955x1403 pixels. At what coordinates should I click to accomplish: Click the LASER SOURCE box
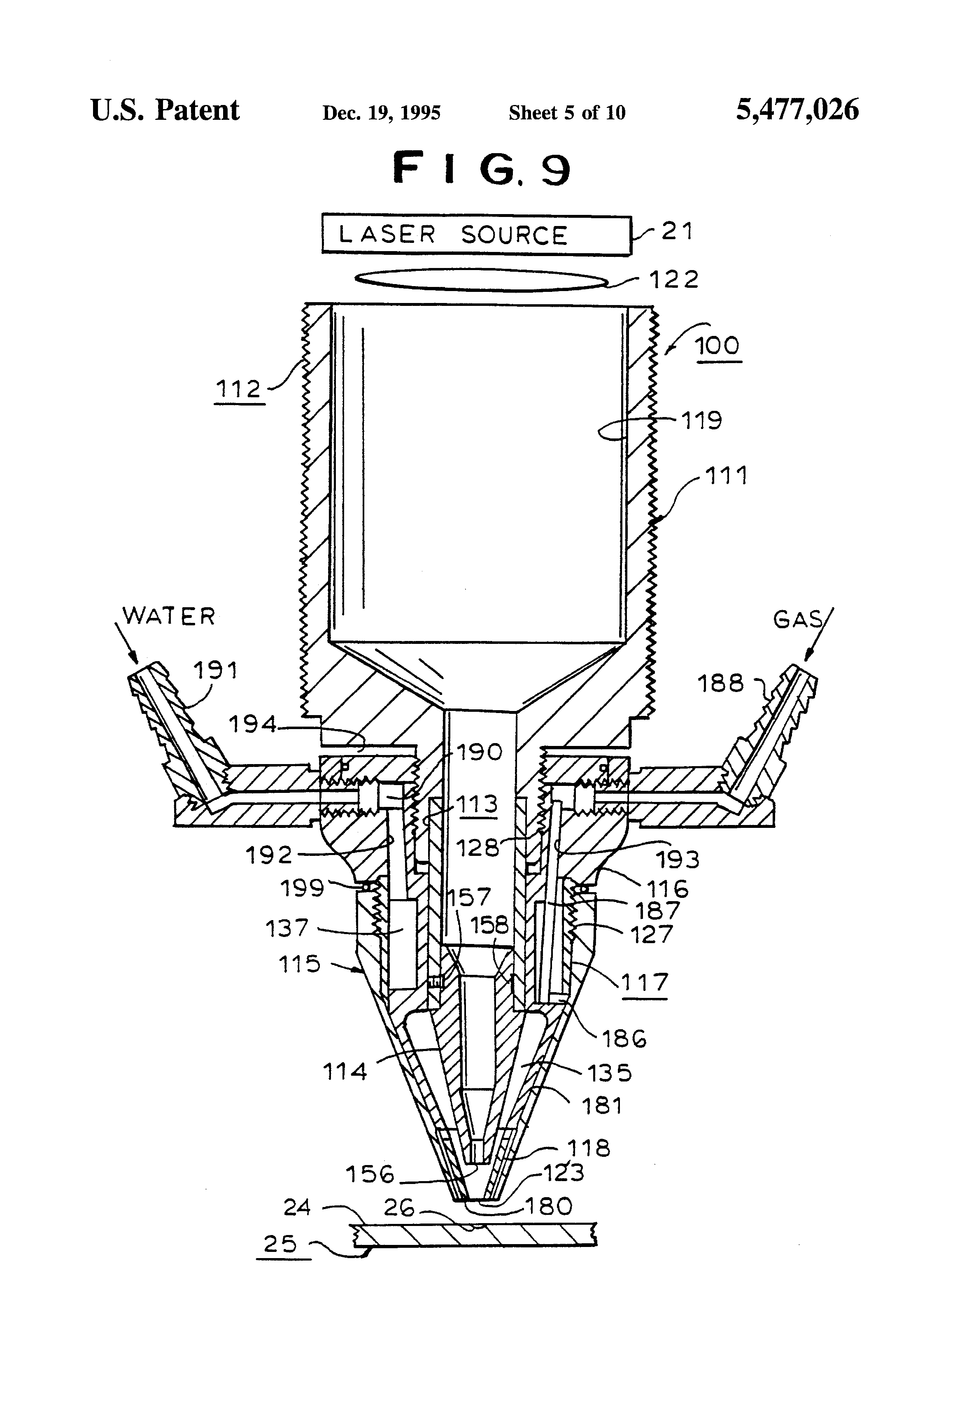pos(476,234)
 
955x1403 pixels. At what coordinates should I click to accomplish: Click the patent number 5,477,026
pos(797,110)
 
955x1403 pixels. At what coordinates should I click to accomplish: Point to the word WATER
pos(169,616)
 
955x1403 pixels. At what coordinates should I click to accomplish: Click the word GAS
pos(797,620)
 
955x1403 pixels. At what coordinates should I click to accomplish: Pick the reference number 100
pos(717,346)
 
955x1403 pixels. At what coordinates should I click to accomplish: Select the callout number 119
pos(701,420)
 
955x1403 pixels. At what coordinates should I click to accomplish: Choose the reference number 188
pos(720,684)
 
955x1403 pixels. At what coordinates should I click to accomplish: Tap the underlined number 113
pos(476,805)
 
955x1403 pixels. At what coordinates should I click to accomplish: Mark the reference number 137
pos(287,928)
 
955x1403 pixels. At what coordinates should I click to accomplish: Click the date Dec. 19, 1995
pos(382,113)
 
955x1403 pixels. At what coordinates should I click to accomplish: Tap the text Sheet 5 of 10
pos(567,113)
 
